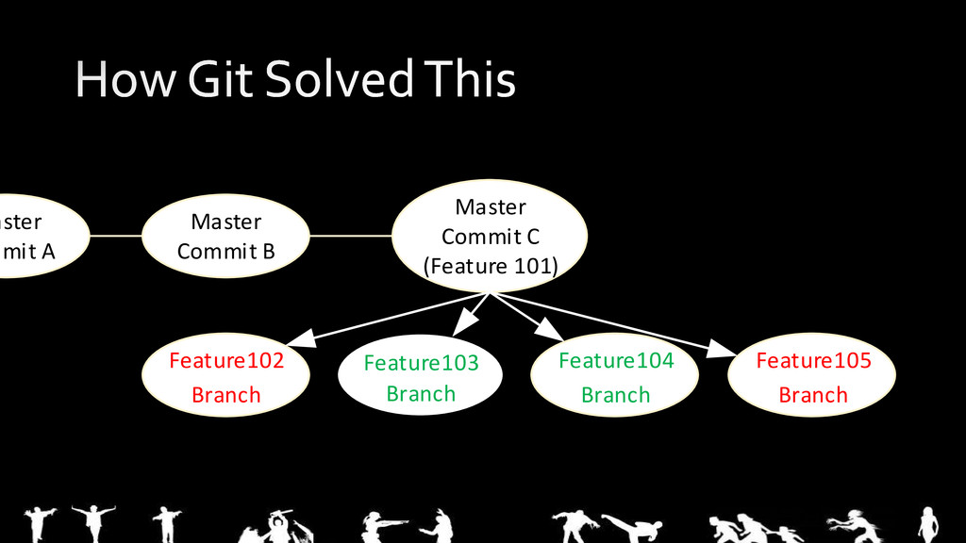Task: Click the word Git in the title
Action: (x=220, y=79)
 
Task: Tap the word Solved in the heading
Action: (x=339, y=79)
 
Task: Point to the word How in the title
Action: (x=123, y=79)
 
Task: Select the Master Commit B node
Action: (x=225, y=236)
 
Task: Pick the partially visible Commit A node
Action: (x=38, y=236)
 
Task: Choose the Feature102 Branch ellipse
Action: (x=226, y=377)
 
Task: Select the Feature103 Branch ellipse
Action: (x=421, y=378)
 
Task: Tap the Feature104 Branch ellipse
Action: (x=615, y=377)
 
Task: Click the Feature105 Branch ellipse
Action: (x=812, y=377)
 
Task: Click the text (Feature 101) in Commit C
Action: (x=491, y=266)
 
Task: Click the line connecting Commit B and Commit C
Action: (x=350, y=236)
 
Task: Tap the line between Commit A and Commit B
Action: (x=116, y=236)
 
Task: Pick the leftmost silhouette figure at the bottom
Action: (x=39, y=523)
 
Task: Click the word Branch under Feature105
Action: (x=812, y=395)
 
